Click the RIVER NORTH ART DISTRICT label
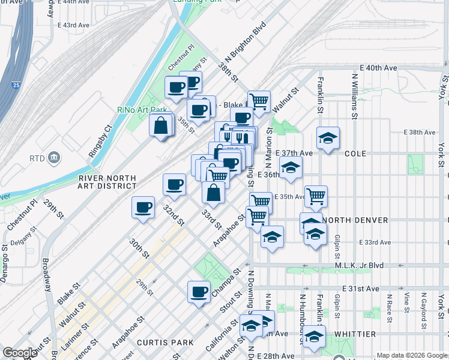107,182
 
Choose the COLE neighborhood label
356,154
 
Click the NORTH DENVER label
354,220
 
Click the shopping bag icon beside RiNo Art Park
161,125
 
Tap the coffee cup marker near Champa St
199,292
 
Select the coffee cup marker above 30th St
143,208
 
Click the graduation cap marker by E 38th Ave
328,138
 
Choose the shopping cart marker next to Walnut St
259,100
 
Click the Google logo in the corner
20,353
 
